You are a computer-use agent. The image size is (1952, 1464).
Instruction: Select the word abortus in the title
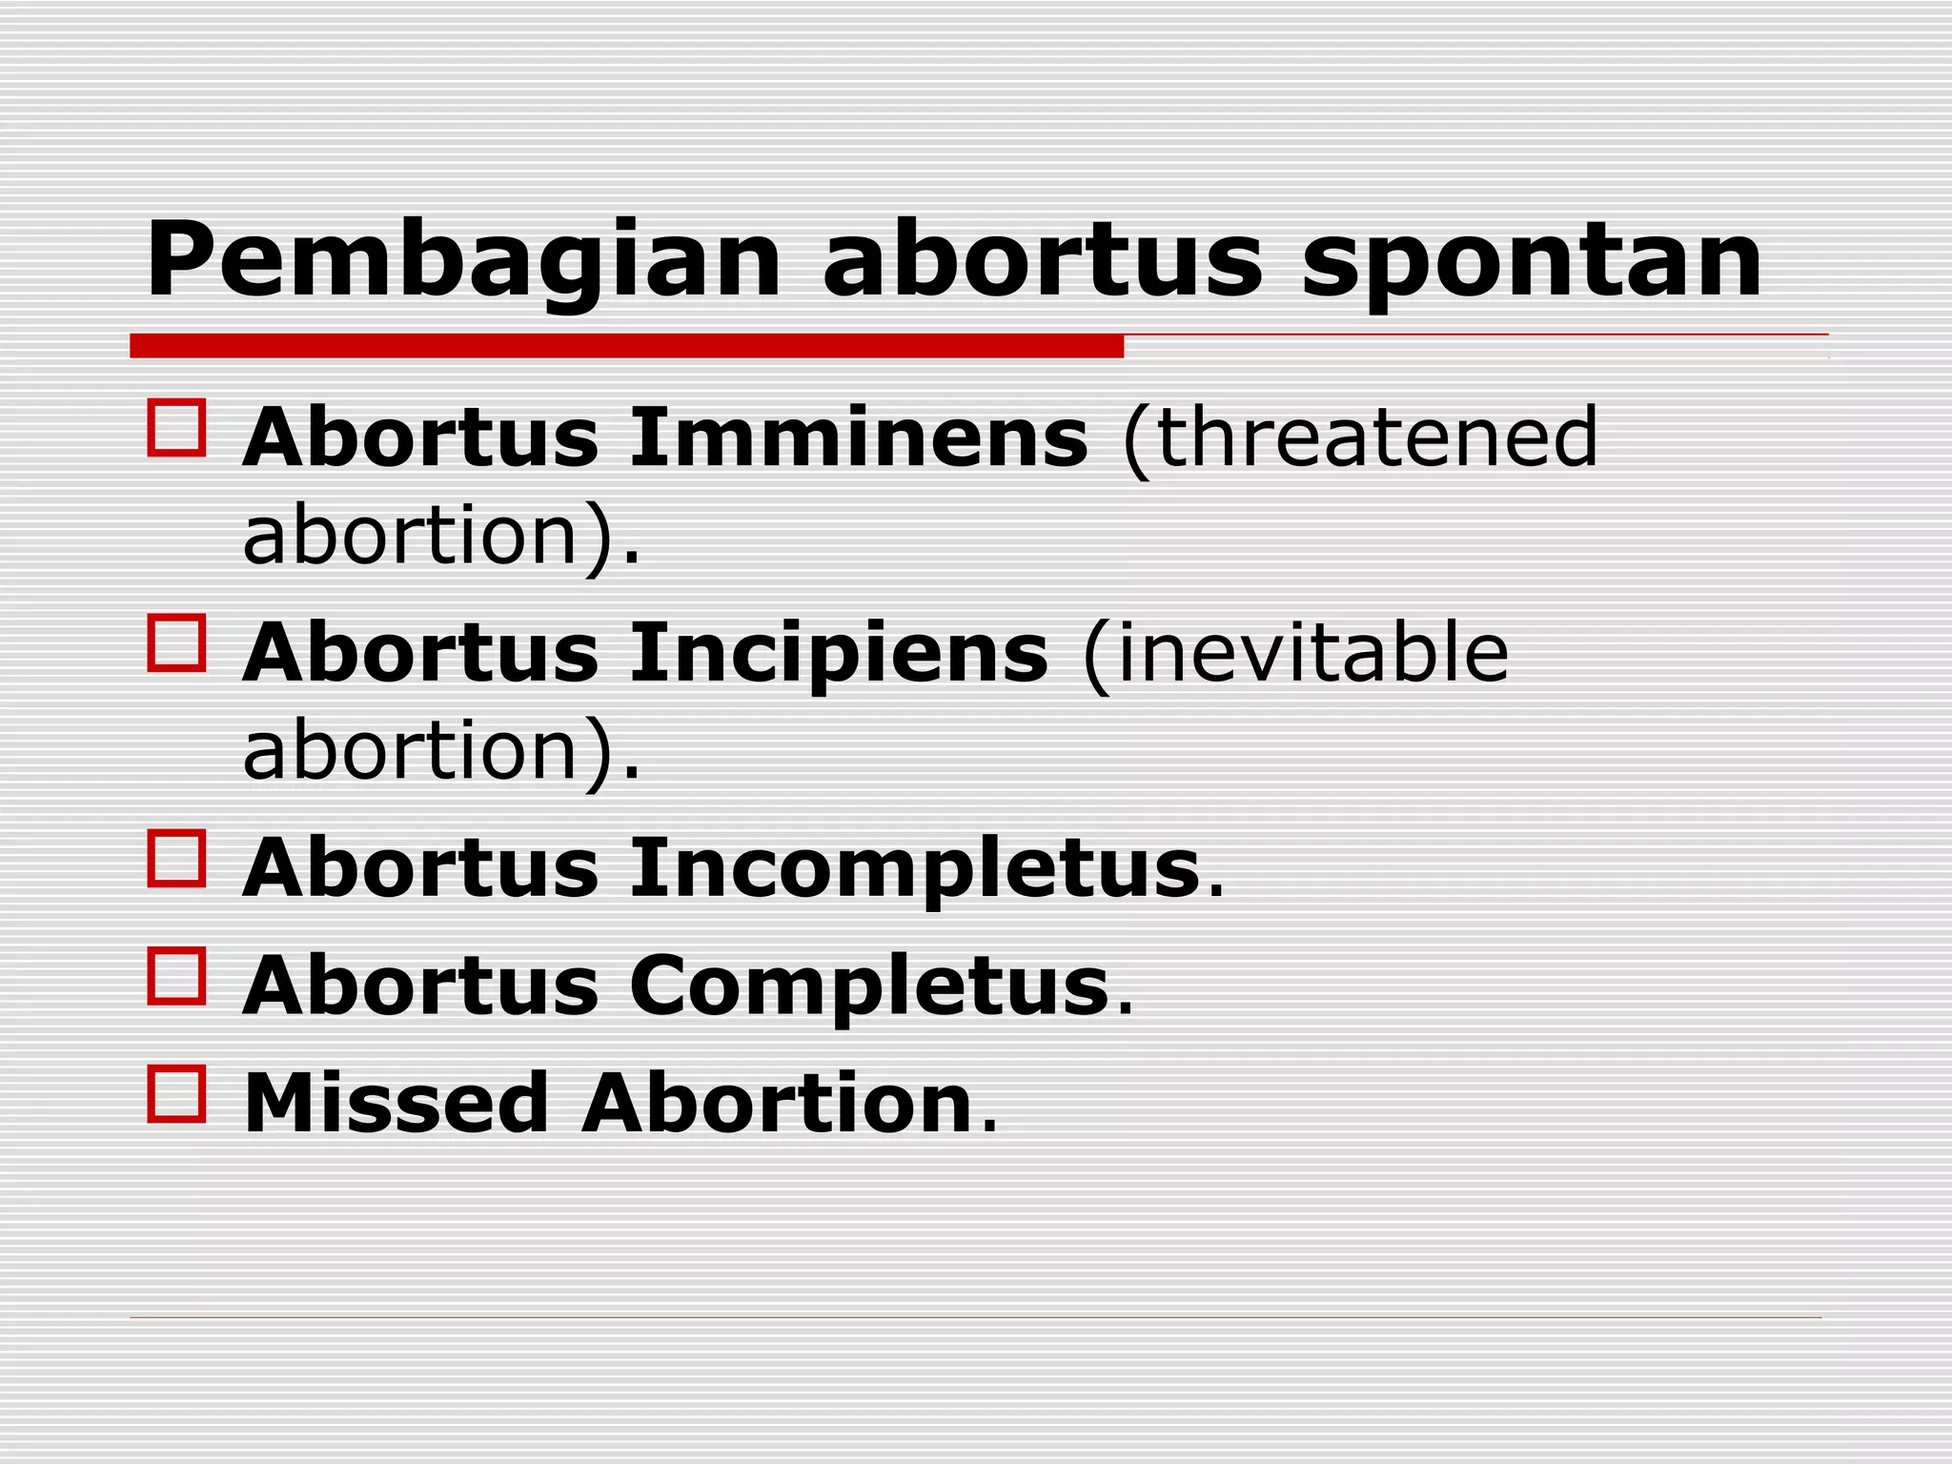(1042, 259)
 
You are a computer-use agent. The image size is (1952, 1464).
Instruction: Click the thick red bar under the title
(626, 346)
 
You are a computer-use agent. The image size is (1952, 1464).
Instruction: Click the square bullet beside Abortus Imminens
(177, 429)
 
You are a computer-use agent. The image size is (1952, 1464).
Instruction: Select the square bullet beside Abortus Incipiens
(177, 643)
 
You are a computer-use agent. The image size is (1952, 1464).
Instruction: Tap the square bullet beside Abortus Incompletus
(177, 859)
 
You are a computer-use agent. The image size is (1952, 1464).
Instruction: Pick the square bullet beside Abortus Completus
(177, 976)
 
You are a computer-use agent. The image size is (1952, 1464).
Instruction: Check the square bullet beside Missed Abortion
(177, 1094)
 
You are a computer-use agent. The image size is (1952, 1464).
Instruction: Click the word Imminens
(858, 438)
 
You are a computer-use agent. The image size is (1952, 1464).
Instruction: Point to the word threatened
(1361, 438)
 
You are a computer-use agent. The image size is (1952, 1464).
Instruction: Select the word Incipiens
(839, 654)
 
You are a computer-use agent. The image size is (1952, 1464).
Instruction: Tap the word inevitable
(1296, 654)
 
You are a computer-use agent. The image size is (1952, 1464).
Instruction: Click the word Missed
(396, 1104)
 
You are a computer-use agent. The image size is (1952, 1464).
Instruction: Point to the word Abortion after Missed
(778, 1104)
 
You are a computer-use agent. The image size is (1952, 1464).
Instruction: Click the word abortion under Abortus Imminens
(410, 536)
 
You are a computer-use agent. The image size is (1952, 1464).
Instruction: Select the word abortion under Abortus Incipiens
(410, 751)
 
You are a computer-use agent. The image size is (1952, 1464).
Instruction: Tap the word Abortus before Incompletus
(420, 869)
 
